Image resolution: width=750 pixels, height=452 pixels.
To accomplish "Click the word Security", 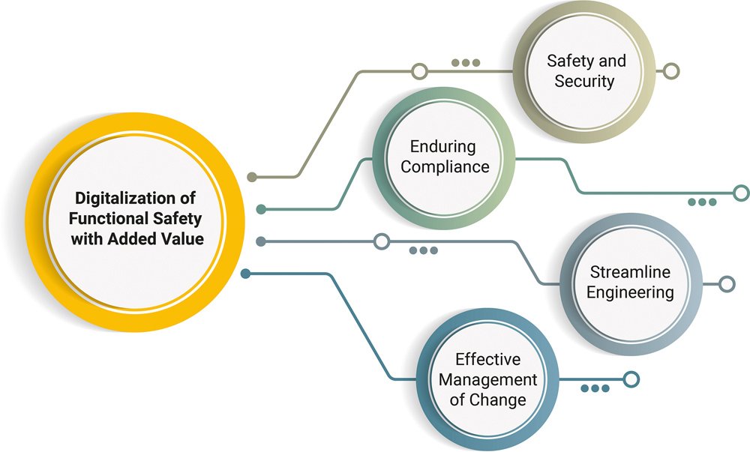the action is [x=584, y=81].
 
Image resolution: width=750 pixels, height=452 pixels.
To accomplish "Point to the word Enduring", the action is [x=443, y=147].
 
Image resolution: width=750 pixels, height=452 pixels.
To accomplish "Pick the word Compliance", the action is [x=445, y=166].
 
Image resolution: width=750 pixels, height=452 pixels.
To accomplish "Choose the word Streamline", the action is [x=630, y=272].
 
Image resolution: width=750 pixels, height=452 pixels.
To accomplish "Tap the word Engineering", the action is [x=631, y=292].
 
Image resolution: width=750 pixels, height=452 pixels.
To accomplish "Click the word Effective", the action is [x=488, y=359].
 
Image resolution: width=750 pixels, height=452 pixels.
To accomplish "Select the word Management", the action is [x=488, y=379].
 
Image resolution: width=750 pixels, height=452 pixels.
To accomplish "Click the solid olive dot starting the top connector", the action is [x=252, y=177].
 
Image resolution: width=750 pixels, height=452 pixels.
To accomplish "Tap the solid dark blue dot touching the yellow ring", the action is [x=245, y=274].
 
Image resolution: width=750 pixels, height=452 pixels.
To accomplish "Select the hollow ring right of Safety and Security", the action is [x=671, y=71].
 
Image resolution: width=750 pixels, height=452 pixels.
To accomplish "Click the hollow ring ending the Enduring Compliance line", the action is [x=741, y=193].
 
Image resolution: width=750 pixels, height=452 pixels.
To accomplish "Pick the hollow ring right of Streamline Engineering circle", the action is [x=727, y=284].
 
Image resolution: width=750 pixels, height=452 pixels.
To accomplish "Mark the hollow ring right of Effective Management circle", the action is [x=631, y=379].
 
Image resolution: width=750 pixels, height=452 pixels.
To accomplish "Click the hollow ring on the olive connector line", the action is [x=419, y=72].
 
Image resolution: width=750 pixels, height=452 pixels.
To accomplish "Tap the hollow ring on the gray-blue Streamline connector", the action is [x=381, y=241].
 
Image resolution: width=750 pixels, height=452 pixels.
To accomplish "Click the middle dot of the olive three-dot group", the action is [x=466, y=63].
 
